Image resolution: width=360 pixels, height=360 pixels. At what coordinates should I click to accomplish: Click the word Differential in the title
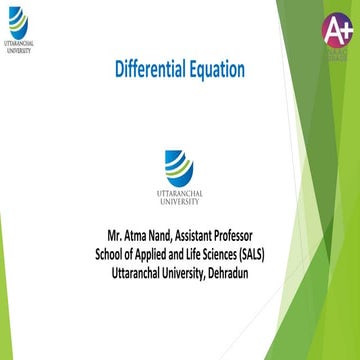tap(150, 69)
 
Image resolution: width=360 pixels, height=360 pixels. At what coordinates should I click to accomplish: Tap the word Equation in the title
tap(216, 69)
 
